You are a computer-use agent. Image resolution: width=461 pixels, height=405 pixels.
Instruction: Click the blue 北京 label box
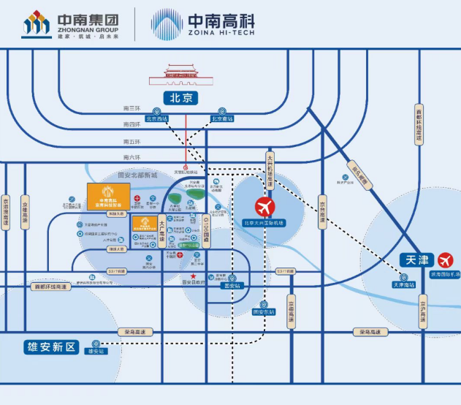coord(186,97)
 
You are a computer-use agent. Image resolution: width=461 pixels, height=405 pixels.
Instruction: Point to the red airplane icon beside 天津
coord(445,260)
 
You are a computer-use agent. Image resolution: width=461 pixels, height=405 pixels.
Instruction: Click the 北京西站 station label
coord(157,118)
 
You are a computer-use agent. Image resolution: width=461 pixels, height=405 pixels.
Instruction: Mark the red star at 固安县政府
coord(183,274)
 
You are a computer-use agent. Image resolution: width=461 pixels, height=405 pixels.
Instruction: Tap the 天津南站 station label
coord(403,284)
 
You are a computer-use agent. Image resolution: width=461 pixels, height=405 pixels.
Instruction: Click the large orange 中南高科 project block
coord(109,197)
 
